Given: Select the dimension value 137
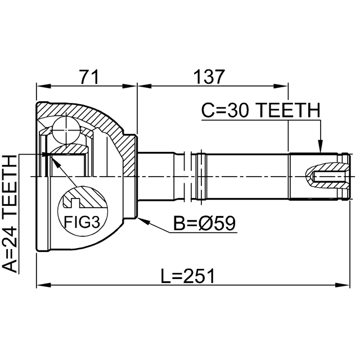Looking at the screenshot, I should point(209,75).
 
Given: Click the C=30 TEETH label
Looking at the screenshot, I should point(260,111).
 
